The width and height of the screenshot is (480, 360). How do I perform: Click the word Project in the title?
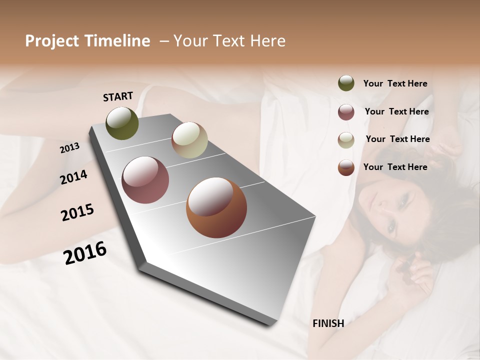click(52, 41)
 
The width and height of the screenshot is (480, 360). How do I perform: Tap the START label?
click(118, 96)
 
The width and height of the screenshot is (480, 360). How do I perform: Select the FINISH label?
click(328, 323)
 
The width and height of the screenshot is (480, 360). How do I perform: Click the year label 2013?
click(69, 148)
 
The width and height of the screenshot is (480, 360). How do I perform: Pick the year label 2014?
click(73, 177)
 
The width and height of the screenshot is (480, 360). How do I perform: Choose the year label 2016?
click(85, 253)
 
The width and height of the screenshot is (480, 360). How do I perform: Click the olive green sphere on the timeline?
click(122, 123)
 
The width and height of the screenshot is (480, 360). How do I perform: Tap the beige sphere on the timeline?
click(189, 140)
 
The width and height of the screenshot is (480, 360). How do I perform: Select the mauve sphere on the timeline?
click(145, 180)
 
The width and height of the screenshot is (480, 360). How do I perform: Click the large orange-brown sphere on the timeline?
click(216, 207)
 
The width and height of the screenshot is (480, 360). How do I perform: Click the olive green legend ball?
click(346, 83)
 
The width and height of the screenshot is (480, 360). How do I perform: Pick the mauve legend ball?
click(346, 112)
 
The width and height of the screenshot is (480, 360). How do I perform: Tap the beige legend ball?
click(346, 140)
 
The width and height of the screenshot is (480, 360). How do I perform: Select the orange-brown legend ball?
click(346, 167)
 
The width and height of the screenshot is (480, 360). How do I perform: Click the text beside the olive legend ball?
click(395, 84)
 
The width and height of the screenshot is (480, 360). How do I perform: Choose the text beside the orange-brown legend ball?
click(395, 167)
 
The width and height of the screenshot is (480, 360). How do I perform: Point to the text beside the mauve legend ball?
click(396, 111)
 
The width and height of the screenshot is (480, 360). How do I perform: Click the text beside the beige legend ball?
click(397, 139)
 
